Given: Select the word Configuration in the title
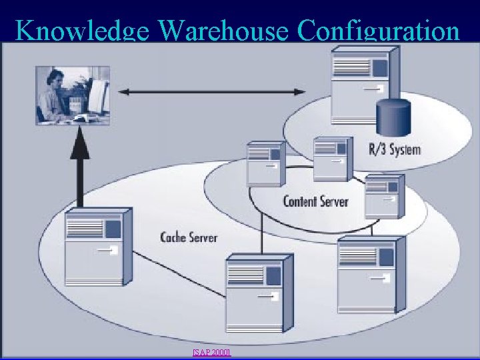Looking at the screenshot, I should coord(379,31).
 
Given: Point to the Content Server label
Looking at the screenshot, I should coord(316,201).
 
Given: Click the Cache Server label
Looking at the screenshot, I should coord(189,237).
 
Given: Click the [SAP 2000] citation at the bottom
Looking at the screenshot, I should coord(211,351).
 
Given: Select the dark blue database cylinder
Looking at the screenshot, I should coord(393,118).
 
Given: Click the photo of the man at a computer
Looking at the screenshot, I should coord(73,95).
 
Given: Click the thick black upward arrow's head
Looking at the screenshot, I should coord(80,137).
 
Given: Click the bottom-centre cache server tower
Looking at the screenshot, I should coord(259,293).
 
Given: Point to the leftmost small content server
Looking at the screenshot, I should coord(265,163).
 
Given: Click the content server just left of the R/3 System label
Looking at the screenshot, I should coord(331,159).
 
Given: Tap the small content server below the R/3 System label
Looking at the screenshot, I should coord(384,195).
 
